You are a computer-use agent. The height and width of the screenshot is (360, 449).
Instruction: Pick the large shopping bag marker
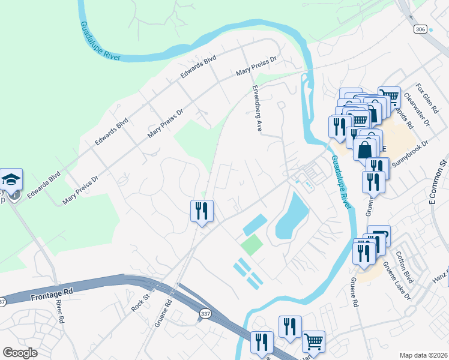(x=365, y=148)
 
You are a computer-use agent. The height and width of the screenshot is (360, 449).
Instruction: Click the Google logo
(x=20, y=352)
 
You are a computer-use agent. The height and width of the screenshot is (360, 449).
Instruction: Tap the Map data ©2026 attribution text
(x=423, y=355)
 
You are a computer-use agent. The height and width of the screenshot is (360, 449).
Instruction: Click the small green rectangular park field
(x=252, y=245)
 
